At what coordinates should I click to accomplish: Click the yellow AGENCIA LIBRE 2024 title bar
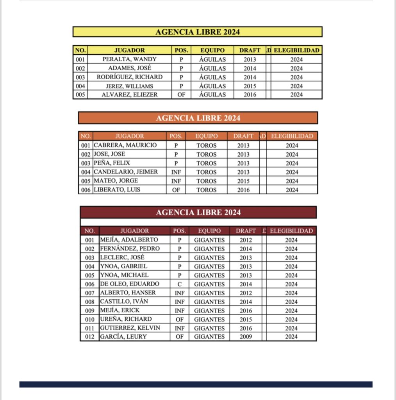point(197,32)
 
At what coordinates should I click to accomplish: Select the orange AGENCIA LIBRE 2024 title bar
point(198,118)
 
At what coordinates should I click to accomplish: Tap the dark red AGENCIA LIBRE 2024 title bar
point(198,212)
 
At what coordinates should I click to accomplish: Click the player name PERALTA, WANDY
point(129,59)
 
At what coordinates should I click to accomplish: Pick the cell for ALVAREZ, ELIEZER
point(129,95)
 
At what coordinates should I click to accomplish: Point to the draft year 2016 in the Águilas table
point(250,95)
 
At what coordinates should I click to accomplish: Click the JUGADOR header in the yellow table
point(129,50)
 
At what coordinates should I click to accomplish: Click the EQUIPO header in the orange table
point(206,136)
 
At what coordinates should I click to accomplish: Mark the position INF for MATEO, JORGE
point(176,181)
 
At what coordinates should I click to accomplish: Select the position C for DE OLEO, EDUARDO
point(179,284)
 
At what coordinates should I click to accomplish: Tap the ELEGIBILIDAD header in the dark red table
point(291,231)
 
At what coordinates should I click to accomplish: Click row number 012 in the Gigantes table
point(89,337)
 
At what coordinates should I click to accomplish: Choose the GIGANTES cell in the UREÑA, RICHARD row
point(209,320)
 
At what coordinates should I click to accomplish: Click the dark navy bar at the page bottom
point(196,384)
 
